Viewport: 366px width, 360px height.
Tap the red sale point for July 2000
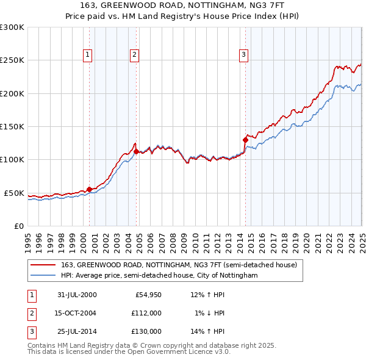pos(89,189)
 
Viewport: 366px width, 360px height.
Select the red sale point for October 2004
pos(136,151)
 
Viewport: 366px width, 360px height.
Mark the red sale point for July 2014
pos(245,140)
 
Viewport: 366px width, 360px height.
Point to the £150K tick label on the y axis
pos(12,126)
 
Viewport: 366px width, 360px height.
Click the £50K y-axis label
pos(14,193)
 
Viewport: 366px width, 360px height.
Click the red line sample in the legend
pos(43,265)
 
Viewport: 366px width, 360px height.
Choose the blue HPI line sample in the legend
pos(43,276)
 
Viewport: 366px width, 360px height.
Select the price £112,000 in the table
pos(146,313)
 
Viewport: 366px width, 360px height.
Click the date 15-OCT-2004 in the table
pos(77,313)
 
